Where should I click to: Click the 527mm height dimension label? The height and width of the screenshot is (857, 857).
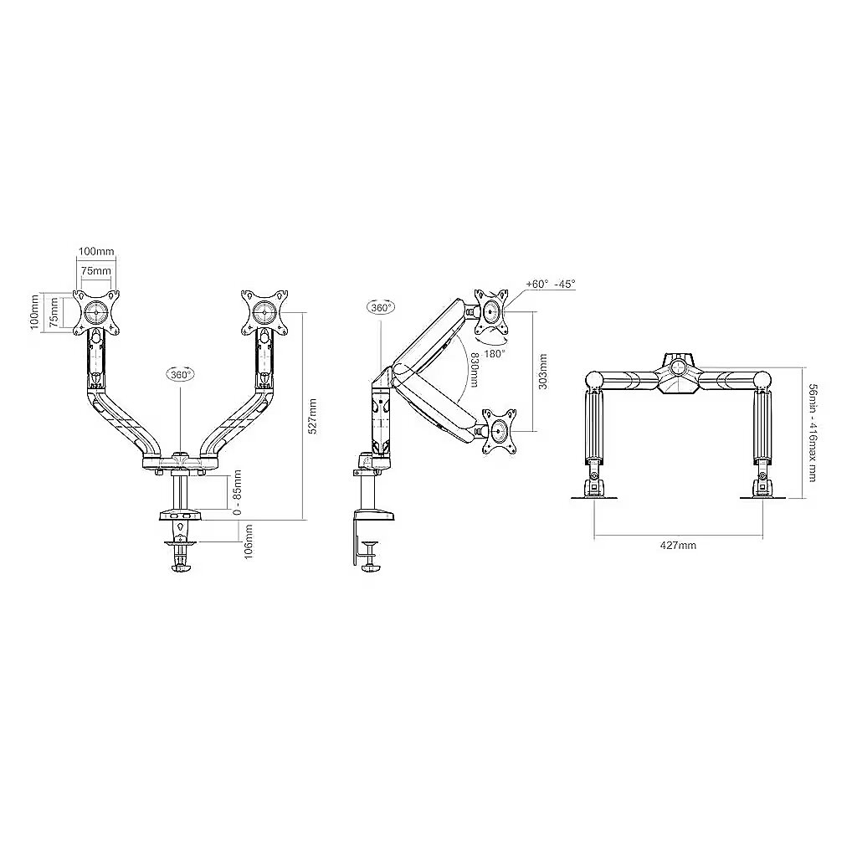313,416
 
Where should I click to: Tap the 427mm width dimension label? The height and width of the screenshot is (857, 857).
678,545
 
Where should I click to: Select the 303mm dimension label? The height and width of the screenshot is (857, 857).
542,371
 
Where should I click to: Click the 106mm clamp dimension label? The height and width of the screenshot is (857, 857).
248,541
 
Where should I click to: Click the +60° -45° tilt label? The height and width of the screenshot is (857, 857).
551,285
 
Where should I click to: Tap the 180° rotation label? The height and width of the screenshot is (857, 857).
494,354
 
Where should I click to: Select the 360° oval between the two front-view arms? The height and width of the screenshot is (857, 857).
181,374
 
